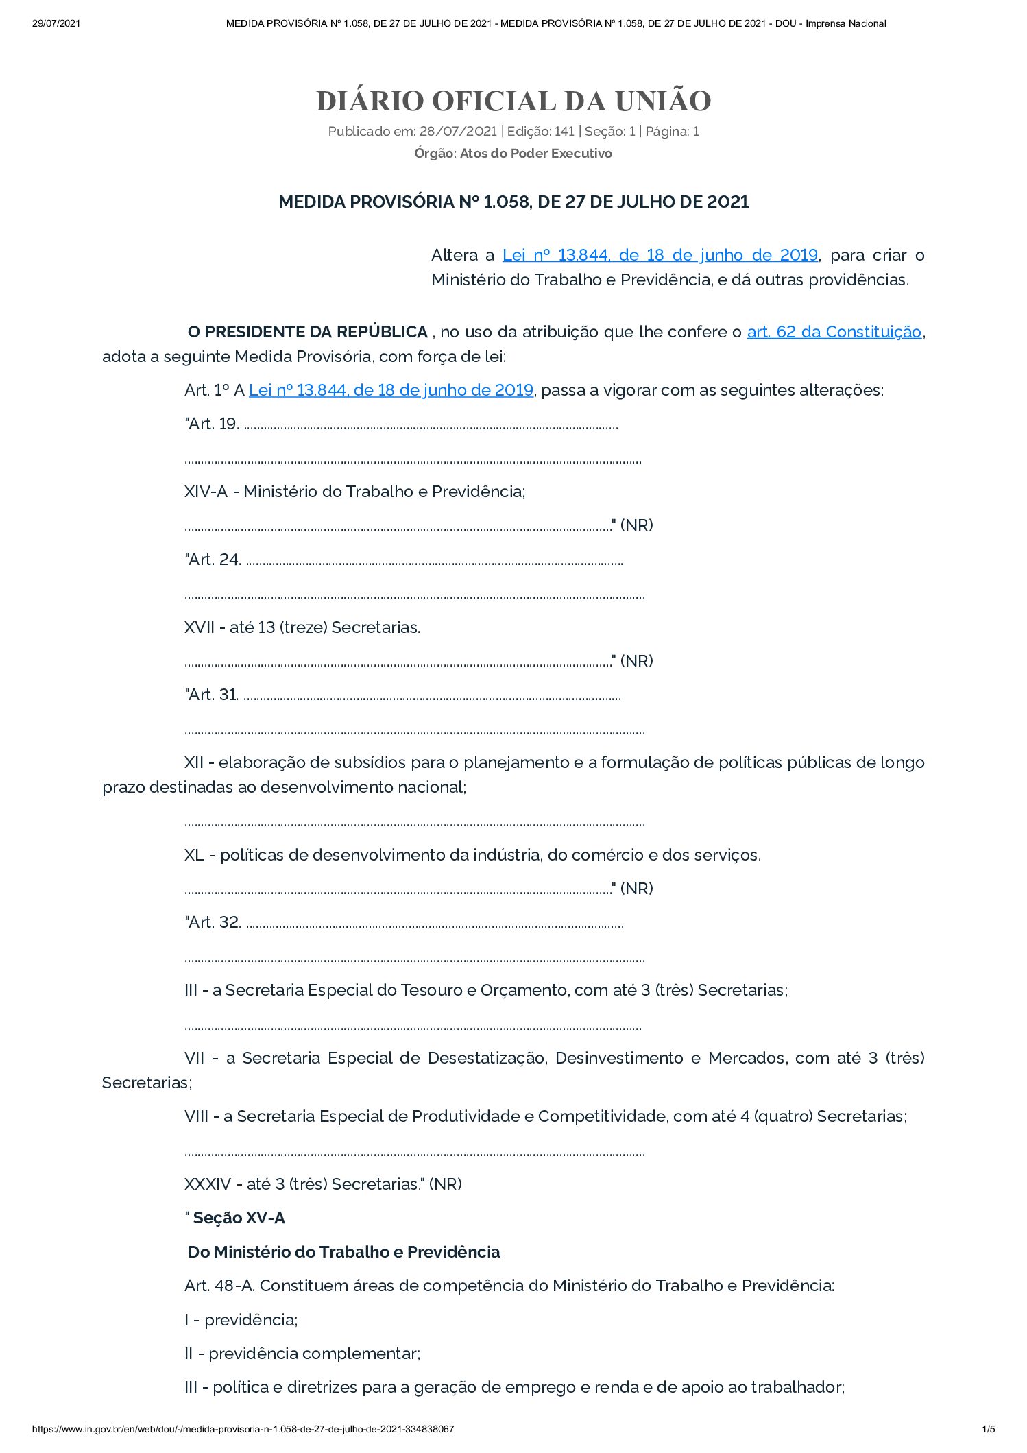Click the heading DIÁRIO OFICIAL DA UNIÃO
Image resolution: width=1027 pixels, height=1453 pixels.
pos(513,101)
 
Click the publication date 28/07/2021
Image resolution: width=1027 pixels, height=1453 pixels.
pos(457,132)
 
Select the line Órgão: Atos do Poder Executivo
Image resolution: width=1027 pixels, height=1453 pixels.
pos(513,154)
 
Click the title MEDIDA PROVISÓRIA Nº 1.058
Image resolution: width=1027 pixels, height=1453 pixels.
pos(513,202)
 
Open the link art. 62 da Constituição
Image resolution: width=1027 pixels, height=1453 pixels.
pos(834,333)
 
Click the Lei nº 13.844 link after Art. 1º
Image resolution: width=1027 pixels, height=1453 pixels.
pos(391,391)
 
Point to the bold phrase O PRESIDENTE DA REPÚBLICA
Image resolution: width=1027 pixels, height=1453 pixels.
pos(308,333)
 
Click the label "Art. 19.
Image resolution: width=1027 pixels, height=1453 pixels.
pos(212,424)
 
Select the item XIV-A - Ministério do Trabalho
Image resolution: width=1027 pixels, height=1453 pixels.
pos(354,492)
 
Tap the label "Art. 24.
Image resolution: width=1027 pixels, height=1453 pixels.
pos(213,560)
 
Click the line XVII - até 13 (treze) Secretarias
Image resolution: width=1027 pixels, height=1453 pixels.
pos(302,627)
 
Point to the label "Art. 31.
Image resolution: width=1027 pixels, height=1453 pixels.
pos(211,695)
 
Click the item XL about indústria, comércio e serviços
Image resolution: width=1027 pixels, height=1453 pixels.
pos(472,856)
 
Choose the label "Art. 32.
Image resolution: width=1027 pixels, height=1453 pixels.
pos(213,923)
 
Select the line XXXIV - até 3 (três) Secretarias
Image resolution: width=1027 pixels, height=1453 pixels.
pos(323,1184)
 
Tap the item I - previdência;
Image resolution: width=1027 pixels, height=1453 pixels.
pos(241,1320)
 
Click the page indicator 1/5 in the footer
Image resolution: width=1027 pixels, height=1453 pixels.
pos(988,1429)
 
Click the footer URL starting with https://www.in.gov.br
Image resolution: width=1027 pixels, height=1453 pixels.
pos(243,1429)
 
